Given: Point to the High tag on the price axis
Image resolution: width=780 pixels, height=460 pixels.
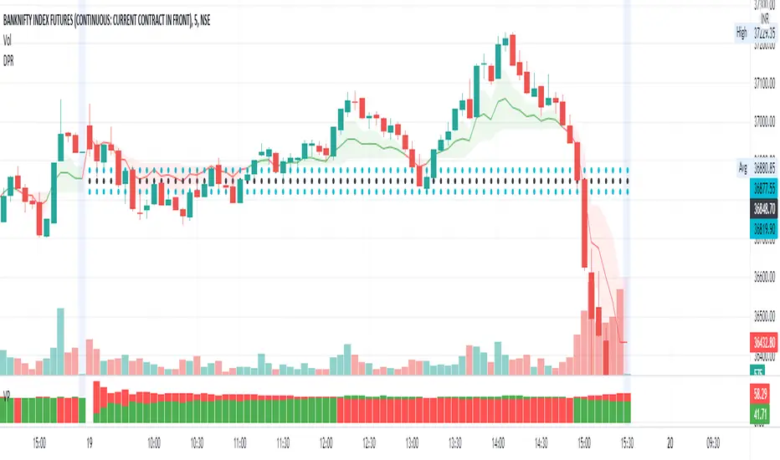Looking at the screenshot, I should point(740,34).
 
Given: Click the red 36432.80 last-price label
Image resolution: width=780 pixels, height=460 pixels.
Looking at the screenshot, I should point(762,341).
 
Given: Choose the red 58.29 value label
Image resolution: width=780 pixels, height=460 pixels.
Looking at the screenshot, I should point(762,391).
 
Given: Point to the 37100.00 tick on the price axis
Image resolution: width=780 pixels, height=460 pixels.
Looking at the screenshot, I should point(762,83).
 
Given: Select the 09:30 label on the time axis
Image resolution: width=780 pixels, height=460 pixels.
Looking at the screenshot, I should point(714,443).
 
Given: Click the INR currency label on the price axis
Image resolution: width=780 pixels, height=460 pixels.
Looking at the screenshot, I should point(764,18).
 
